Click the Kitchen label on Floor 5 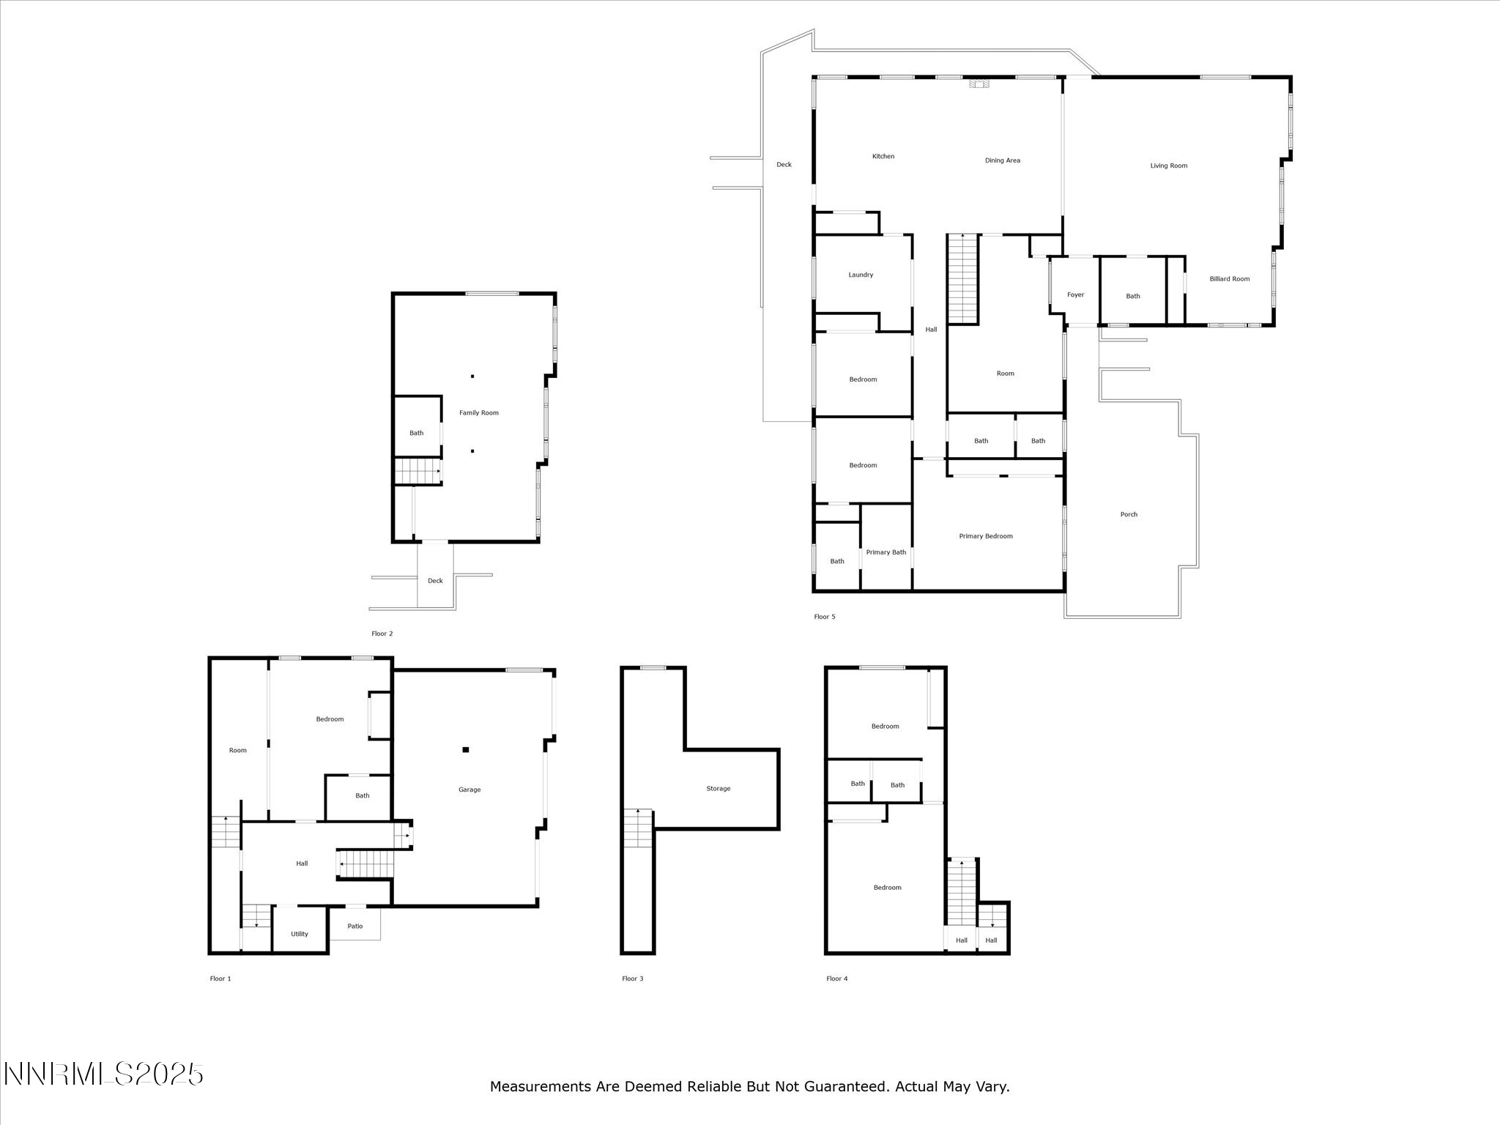(883, 156)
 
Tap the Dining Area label (1002, 160)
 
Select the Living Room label (1168, 166)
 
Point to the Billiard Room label (1229, 279)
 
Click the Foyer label (1074, 294)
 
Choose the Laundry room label (861, 275)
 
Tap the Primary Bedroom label (985, 536)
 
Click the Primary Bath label (885, 552)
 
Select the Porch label (1128, 514)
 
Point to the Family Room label (478, 412)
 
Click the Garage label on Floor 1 (469, 790)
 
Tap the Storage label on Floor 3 (718, 789)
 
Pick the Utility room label (299, 934)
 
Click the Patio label (354, 927)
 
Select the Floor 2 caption (382, 634)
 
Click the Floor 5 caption (824, 617)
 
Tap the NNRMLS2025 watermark (103, 1074)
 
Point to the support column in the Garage (465, 749)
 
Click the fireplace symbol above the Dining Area (979, 83)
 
